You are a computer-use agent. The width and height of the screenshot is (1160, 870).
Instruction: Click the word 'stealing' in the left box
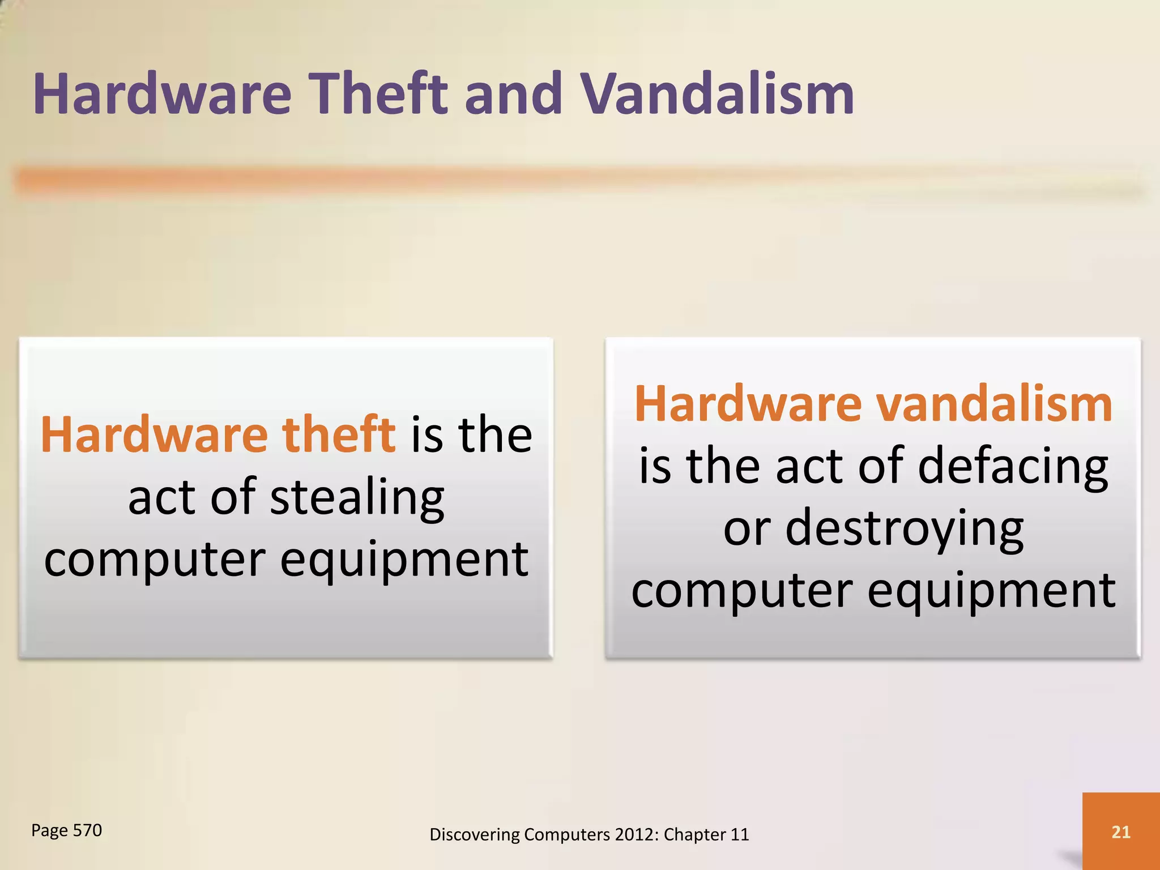tap(357, 498)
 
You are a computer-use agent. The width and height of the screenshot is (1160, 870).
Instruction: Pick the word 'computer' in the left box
tap(155, 560)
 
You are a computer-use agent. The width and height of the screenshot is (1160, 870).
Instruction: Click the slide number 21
tap(1121, 831)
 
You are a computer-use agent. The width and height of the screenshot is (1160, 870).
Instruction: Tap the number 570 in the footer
tap(87, 830)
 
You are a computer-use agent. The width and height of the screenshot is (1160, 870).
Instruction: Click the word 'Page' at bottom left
tap(49, 830)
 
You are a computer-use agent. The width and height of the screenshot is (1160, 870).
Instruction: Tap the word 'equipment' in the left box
tap(404, 560)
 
